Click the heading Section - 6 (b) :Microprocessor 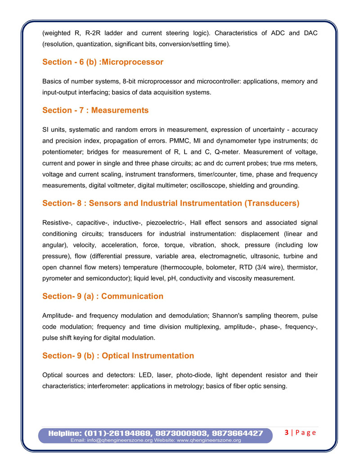(x=103, y=62)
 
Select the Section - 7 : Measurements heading (x=95, y=110)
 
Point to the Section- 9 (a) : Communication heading (x=103, y=296)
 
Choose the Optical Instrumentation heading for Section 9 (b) (x=148, y=356)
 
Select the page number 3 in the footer (x=287, y=433)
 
